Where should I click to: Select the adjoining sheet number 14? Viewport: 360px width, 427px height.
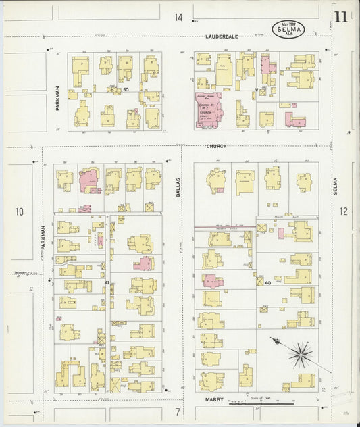click(178, 17)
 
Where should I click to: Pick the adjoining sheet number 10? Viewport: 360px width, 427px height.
click(20, 211)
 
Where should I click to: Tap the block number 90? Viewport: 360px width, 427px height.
click(125, 89)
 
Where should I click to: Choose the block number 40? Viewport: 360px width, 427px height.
click(267, 282)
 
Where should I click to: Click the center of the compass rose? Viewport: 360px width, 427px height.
click(301, 352)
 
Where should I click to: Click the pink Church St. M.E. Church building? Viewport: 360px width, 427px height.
click(210, 108)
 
